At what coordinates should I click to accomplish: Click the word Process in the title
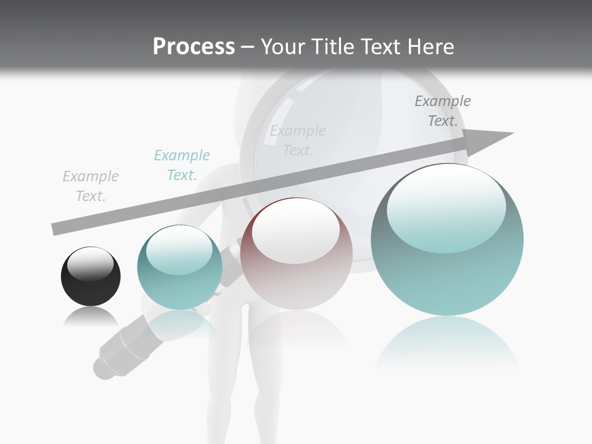(x=194, y=47)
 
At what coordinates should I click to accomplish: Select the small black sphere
(x=91, y=276)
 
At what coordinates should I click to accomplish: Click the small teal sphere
(x=179, y=268)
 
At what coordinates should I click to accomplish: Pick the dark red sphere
(x=296, y=254)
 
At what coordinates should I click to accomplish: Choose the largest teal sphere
(x=447, y=240)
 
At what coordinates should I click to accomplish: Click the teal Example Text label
(x=182, y=165)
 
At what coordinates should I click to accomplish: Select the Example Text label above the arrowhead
(x=443, y=111)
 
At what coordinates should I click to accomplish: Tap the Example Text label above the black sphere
(x=91, y=186)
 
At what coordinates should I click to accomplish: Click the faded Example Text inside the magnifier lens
(x=298, y=141)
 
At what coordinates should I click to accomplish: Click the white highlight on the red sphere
(x=296, y=231)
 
